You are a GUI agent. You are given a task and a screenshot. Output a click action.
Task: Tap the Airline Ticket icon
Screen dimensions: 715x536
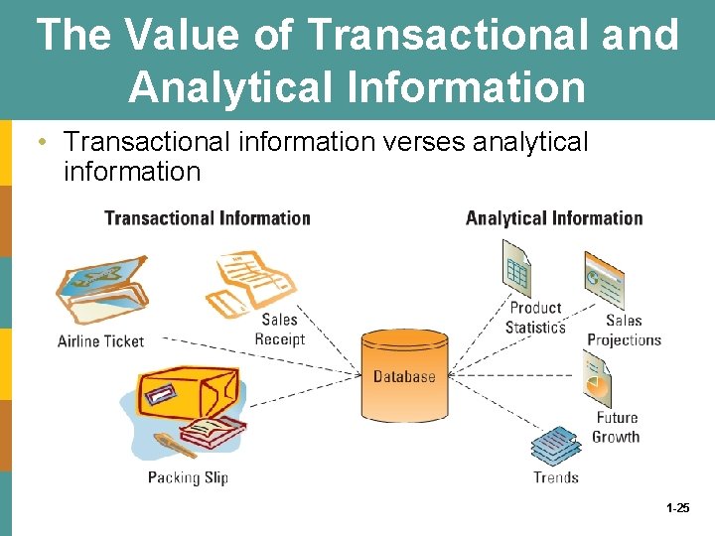click(100, 289)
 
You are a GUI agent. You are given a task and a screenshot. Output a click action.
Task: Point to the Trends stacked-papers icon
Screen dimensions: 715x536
click(555, 448)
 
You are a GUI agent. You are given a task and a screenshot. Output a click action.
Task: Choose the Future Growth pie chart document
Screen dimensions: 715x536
click(597, 381)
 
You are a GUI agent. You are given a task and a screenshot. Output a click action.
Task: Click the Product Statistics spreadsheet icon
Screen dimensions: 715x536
click(516, 268)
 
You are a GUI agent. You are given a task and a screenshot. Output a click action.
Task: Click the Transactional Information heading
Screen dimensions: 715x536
click(207, 218)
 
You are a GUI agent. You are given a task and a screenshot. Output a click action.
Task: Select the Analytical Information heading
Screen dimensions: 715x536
click(554, 218)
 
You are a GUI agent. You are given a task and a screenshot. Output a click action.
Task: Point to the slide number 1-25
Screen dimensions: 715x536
click(678, 507)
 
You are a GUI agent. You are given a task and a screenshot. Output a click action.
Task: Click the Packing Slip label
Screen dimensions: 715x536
click(188, 477)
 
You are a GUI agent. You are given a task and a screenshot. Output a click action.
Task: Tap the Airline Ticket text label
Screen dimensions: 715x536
click(100, 341)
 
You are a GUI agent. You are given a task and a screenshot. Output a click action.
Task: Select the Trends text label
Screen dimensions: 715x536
click(555, 477)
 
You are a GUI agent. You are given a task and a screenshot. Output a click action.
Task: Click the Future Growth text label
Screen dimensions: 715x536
click(616, 428)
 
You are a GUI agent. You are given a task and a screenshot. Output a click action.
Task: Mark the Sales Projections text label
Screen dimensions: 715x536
click(624, 331)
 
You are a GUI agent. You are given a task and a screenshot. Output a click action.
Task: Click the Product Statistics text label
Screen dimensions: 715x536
click(535, 318)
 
